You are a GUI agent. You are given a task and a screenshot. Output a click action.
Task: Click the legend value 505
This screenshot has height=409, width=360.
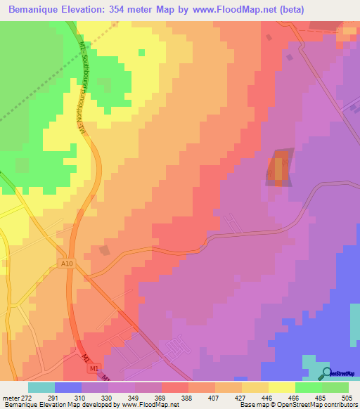347,397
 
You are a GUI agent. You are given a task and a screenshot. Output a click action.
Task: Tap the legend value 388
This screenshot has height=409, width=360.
186,397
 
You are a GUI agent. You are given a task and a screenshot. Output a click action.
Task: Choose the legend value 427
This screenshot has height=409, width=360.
240,397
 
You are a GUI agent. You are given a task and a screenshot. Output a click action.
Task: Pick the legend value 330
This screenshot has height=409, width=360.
107,397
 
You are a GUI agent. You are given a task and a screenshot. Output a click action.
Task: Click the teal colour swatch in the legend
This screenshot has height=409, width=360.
41,387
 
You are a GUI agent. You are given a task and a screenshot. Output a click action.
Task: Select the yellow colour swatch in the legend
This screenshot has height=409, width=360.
282,387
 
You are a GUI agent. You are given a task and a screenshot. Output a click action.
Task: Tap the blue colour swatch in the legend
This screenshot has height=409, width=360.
68,387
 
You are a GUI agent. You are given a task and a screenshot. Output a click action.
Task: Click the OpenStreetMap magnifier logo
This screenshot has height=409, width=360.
326,374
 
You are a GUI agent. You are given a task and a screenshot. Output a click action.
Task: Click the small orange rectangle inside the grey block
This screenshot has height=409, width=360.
278,169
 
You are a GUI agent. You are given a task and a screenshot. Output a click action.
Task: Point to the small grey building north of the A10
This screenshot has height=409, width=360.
105,249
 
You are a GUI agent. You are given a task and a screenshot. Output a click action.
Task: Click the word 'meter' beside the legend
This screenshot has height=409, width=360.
12,397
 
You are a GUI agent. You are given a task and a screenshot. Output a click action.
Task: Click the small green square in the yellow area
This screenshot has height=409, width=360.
142,52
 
